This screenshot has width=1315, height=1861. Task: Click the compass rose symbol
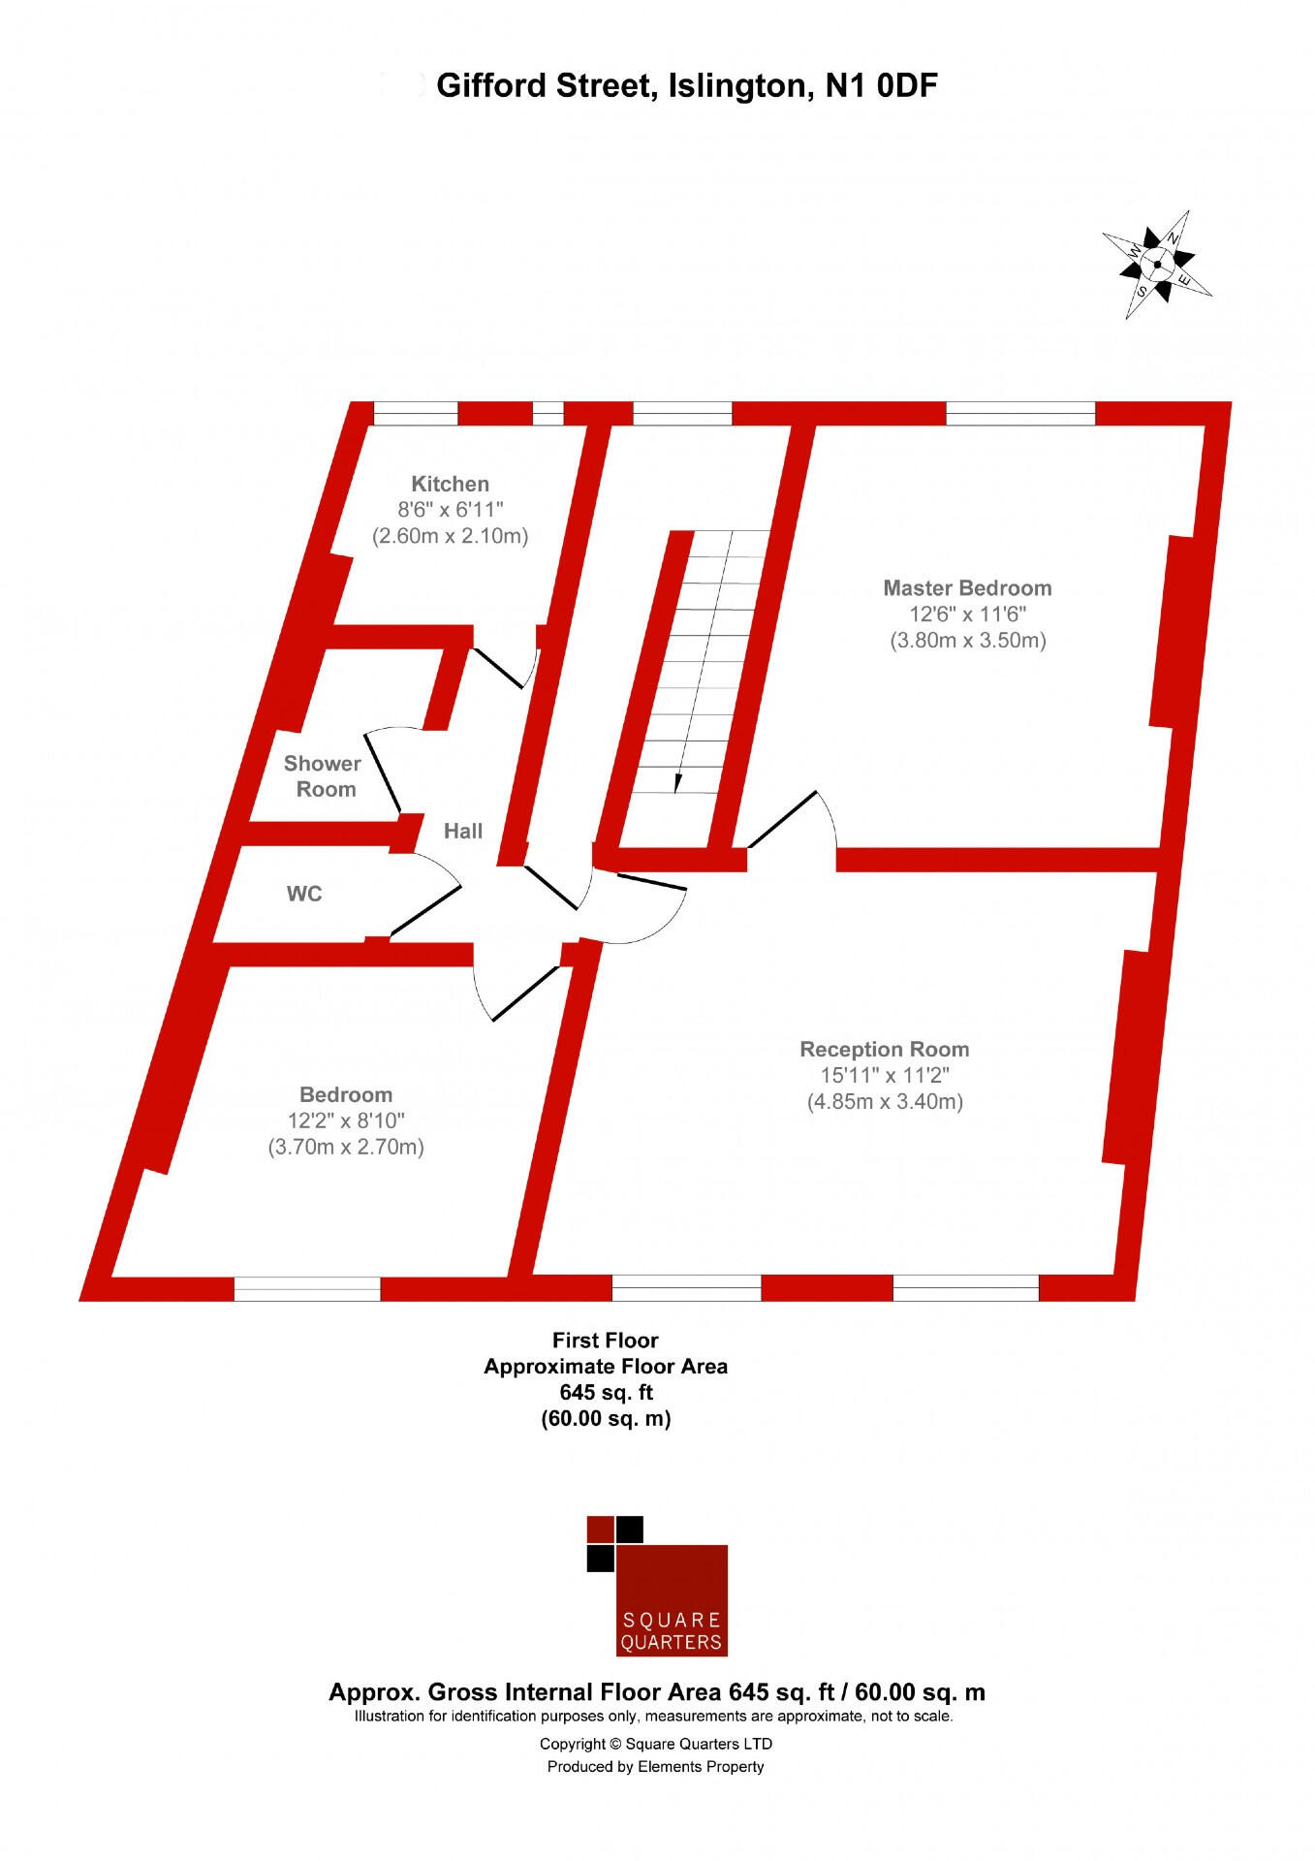click(1157, 264)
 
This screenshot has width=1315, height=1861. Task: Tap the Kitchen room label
click(450, 484)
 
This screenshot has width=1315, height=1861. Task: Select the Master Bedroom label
click(967, 587)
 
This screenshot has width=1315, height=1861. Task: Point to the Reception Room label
click(884, 1049)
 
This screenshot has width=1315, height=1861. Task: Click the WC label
click(304, 894)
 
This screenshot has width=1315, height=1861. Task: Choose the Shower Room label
click(322, 776)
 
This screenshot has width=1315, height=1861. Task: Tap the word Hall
click(463, 831)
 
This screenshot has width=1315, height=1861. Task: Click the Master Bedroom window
click(1020, 413)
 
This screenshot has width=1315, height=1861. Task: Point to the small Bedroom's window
click(307, 1288)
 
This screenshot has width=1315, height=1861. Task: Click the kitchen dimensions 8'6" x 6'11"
click(451, 510)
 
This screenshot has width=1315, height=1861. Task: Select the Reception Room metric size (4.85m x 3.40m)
click(885, 1101)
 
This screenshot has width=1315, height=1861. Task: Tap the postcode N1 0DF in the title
click(881, 86)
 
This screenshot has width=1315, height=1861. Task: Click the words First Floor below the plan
click(605, 1341)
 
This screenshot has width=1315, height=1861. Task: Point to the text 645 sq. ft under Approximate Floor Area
click(606, 1393)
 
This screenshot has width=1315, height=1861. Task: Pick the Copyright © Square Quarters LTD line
click(656, 1744)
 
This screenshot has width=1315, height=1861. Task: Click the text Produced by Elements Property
click(656, 1767)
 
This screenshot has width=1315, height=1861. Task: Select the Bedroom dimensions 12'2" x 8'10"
click(346, 1120)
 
